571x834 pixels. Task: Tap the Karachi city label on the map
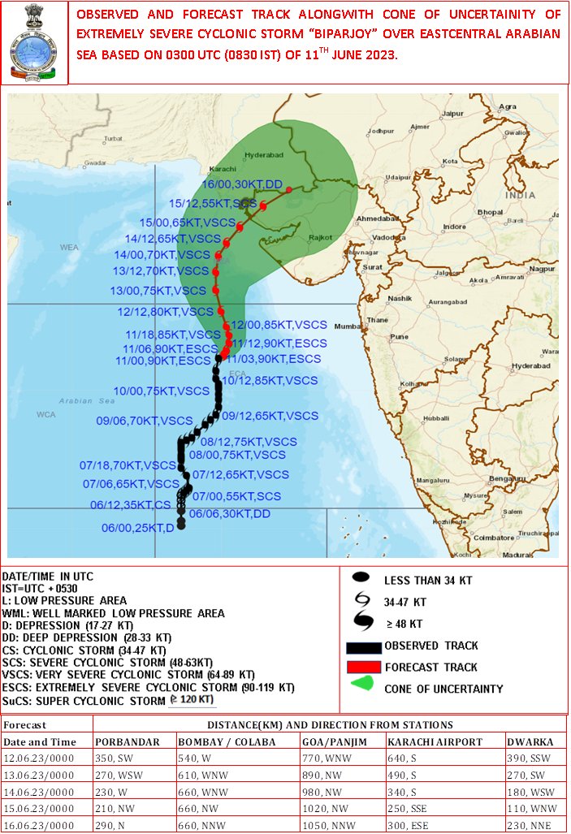222,169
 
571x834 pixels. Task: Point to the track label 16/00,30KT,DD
241,185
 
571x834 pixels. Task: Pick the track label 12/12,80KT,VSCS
165,311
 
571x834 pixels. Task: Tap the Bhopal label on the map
490,212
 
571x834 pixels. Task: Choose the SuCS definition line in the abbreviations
110,699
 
